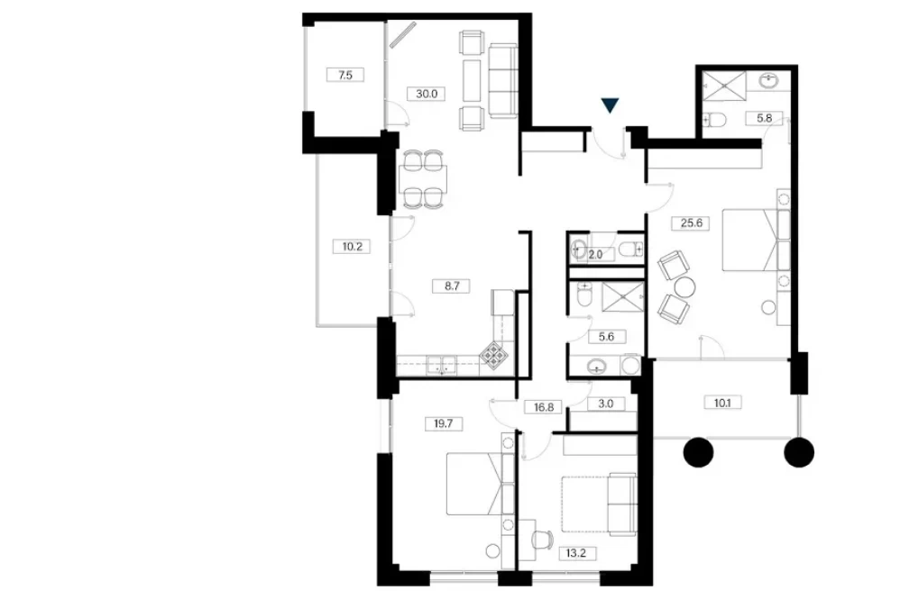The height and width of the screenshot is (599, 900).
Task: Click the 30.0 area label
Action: [427, 94]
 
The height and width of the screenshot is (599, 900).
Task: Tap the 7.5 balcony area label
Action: [345, 75]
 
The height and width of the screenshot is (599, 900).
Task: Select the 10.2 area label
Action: [352, 247]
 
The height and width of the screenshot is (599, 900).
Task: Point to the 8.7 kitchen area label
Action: [452, 286]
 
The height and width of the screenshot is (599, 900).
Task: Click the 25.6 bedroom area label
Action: [691, 223]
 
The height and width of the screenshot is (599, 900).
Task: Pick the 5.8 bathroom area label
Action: [764, 119]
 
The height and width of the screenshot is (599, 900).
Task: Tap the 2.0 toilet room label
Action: [596, 255]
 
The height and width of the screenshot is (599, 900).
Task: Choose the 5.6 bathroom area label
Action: [606, 337]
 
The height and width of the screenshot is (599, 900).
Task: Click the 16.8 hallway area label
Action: [544, 407]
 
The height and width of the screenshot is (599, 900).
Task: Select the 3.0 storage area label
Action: [605, 404]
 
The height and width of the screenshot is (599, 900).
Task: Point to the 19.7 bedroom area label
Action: [444, 423]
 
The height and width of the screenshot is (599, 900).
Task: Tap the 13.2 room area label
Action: [577, 554]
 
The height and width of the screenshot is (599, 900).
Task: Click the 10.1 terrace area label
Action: [722, 403]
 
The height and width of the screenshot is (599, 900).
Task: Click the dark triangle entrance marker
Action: [611, 104]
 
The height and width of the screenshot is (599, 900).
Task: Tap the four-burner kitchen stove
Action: [493, 356]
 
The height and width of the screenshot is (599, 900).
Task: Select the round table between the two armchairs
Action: [684, 286]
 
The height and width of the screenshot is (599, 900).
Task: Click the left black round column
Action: [699, 452]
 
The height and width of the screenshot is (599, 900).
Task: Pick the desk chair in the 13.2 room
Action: [542, 540]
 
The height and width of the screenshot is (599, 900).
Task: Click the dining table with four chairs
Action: [423, 179]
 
